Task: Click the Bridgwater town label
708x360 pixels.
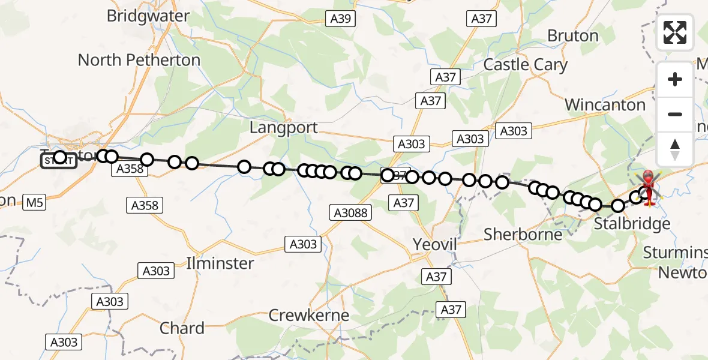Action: (x=148, y=16)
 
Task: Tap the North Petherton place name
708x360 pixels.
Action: (x=139, y=60)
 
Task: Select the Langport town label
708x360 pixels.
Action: (x=284, y=128)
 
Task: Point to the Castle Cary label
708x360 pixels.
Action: (x=526, y=65)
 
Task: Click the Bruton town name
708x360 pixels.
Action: (x=573, y=36)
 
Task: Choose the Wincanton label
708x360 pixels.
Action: (x=605, y=105)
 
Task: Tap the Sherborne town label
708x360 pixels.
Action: (x=523, y=234)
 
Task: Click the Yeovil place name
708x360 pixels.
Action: (x=436, y=244)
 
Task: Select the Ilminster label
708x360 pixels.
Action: (x=220, y=263)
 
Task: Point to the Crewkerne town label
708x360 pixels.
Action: (x=309, y=315)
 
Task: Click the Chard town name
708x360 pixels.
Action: (x=182, y=328)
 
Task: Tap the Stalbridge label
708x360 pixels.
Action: (x=632, y=224)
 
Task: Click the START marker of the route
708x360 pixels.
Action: (x=58, y=160)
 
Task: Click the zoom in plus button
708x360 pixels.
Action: (x=675, y=79)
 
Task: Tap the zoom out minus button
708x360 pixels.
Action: (x=675, y=114)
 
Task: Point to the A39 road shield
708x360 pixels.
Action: (x=341, y=19)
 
